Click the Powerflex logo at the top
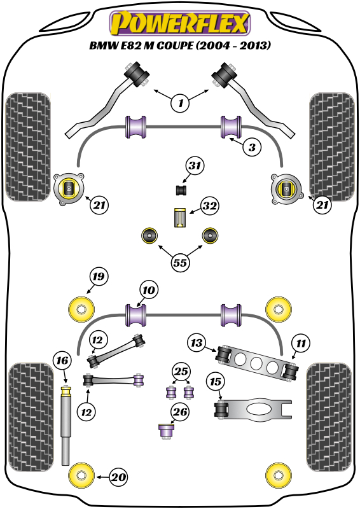180,23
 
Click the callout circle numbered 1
180,103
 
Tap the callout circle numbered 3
252,147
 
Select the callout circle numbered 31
195,166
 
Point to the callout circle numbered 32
209,206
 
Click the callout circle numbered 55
180,262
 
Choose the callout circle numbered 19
99,276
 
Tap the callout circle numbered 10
149,290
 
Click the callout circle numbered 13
197,343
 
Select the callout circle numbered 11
301,343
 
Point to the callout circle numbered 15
215,381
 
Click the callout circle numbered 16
62,360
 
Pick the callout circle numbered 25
181,371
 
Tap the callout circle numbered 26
180,412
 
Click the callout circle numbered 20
118,477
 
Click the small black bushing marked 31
182,190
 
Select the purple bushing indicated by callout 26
167,431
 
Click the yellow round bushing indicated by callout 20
81,476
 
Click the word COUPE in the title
174,45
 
